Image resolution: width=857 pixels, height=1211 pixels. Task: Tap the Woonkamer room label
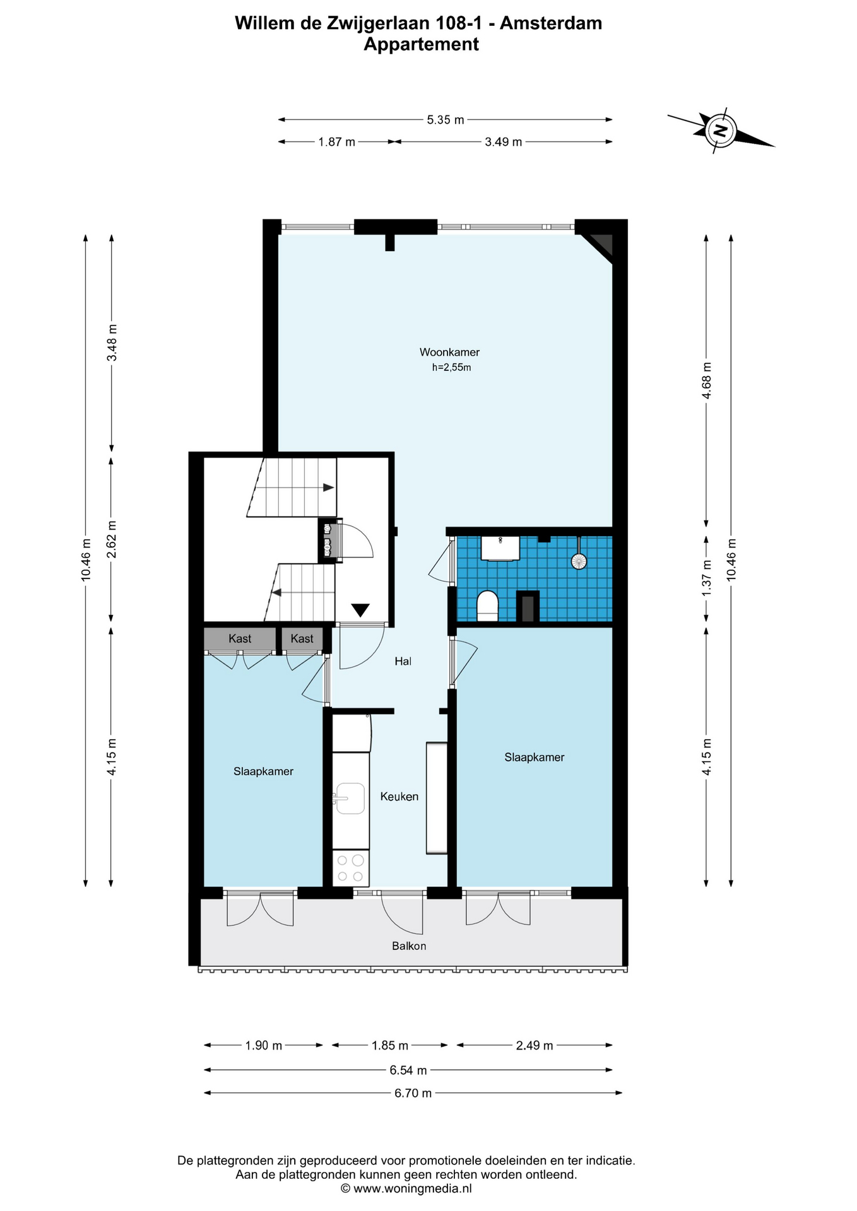point(449,352)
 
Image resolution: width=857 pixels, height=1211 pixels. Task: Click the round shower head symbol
point(578,560)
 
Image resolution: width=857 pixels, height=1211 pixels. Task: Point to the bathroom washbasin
point(500,548)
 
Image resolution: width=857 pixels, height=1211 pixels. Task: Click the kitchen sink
point(350,799)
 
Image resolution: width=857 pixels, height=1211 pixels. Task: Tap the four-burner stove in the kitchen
point(350,868)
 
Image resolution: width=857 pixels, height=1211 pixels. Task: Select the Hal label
point(403,661)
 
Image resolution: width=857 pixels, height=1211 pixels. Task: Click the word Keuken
point(399,797)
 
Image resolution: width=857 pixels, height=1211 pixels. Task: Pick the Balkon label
point(409,946)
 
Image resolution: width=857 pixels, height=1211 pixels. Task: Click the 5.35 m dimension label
point(445,119)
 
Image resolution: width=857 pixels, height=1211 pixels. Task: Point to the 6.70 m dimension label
point(413,1093)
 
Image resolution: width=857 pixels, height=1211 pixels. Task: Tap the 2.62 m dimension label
point(112,539)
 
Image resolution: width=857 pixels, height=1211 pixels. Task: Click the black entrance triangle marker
point(360,610)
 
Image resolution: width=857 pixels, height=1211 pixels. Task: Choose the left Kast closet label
point(240,638)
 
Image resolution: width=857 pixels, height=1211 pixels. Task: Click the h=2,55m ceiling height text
point(451,368)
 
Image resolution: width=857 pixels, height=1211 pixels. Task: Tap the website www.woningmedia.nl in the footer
point(412,1188)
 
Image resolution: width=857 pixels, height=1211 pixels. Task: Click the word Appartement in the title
point(421,44)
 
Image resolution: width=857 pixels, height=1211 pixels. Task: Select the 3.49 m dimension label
point(503,142)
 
